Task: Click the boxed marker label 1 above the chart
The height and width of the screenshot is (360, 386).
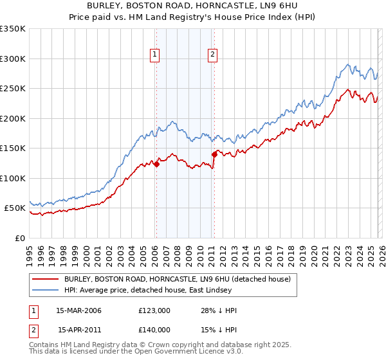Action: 156,55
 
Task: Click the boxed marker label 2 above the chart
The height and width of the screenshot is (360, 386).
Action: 212,55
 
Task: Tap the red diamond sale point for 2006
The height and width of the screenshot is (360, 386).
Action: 156,165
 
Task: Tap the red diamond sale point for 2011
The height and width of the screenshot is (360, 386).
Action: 214,154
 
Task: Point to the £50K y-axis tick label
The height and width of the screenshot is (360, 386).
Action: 15,208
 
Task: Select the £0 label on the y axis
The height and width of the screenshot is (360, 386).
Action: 21,238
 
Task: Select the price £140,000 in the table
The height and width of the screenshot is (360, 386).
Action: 154,330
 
